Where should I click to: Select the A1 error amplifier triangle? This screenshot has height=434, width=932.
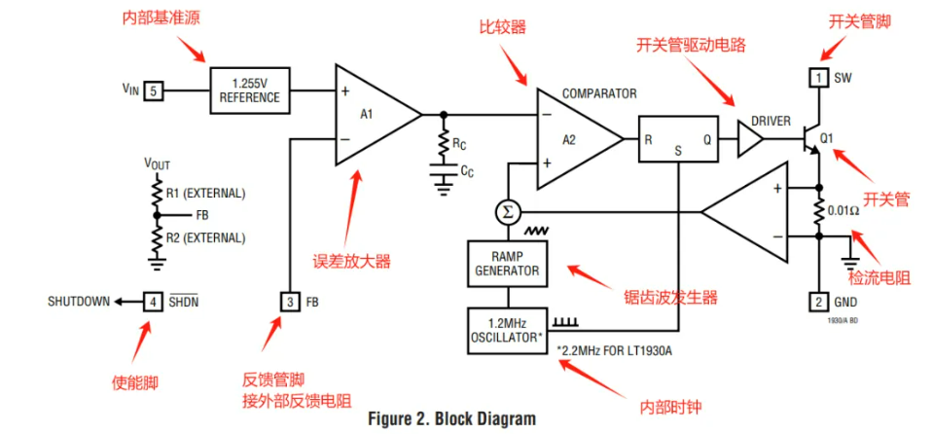pos(371,114)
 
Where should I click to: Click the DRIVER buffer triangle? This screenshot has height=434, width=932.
pos(749,138)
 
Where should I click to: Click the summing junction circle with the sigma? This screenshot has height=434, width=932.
pos(506,212)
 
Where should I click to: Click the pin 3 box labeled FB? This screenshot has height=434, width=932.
pos(290,302)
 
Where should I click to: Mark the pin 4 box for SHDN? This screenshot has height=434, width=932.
pos(154,302)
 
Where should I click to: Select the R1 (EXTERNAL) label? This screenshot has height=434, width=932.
pos(205,193)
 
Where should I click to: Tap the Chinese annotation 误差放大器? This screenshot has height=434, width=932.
pos(352,260)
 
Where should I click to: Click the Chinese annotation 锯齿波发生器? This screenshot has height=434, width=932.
pos(670,297)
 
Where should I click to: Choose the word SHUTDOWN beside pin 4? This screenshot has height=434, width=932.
pos(79,302)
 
